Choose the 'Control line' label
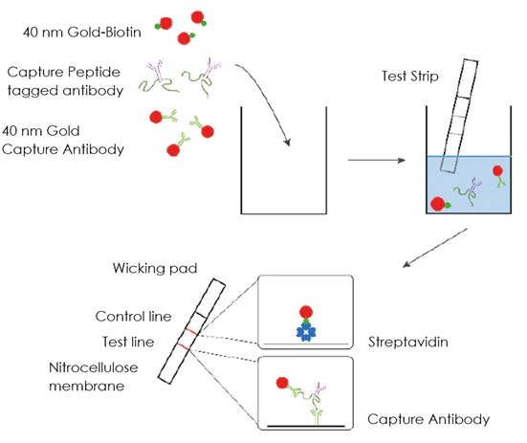pos(131,317)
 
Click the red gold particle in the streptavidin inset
pos(306,312)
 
